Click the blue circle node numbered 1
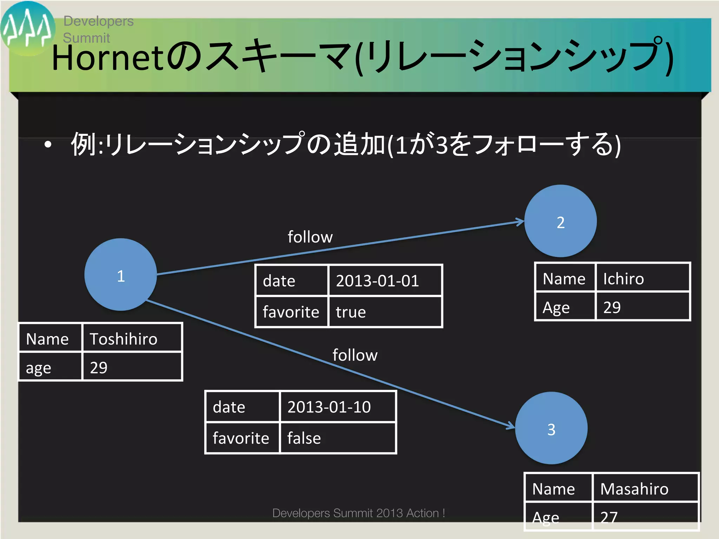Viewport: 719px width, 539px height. [120, 275]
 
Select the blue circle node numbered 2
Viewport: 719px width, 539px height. [560, 221]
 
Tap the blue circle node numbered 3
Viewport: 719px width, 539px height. [551, 428]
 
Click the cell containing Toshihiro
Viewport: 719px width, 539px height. [132, 338]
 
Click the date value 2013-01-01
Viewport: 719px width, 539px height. [384, 280]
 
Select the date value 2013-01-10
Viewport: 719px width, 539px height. [337, 406]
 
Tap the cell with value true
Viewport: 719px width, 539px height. [384, 312]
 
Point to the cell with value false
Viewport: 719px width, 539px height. [337, 438]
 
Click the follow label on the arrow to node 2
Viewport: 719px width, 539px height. [310, 237]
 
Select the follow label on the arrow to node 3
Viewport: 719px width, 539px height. [355, 355]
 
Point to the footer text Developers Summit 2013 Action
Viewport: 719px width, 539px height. [358, 513]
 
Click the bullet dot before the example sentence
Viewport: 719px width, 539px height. [48, 144]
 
